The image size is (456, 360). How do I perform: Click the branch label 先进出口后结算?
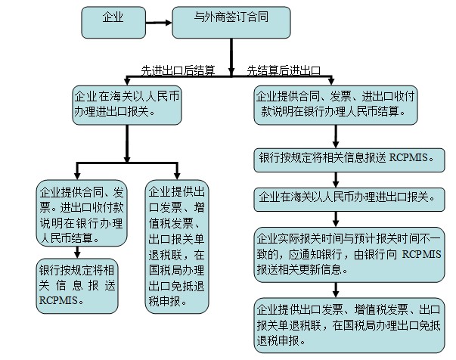pos(178,70)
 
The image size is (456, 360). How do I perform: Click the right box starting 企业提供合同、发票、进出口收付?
pos(335,104)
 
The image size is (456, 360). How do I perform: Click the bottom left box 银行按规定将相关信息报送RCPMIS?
pos(77,284)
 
